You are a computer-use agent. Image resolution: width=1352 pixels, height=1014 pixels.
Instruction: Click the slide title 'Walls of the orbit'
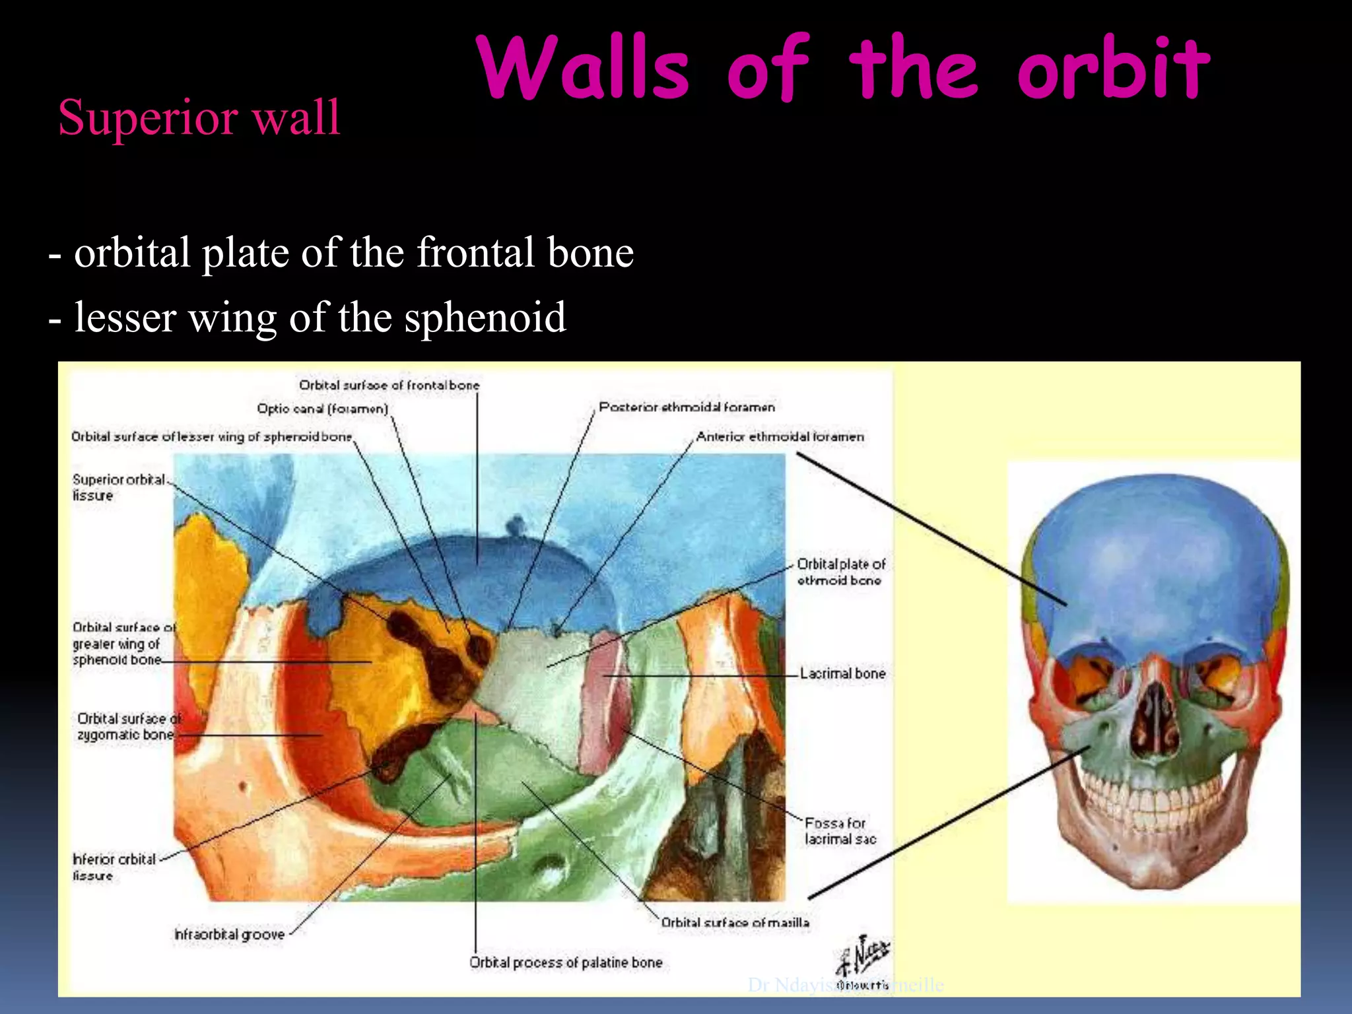click(x=844, y=69)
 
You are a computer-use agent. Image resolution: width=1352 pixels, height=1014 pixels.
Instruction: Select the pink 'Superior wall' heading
click(x=199, y=118)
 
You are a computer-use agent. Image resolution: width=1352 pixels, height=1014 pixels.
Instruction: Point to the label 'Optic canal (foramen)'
click(x=322, y=409)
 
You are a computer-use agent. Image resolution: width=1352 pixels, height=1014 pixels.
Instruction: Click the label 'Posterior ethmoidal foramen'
click(x=687, y=407)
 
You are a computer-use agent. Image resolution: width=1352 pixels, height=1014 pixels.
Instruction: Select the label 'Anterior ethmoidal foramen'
click(x=780, y=436)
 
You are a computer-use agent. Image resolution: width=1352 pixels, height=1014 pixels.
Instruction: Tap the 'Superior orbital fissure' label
click(x=119, y=487)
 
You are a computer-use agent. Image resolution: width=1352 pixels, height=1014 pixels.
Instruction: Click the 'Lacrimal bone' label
click(x=842, y=673)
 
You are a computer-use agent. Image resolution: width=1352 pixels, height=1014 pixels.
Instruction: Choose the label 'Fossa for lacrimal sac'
click(x=839, y=831)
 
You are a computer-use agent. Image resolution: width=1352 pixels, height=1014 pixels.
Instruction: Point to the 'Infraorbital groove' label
click(x=229, y=934)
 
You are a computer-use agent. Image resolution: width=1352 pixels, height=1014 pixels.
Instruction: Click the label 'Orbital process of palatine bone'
click(x=566, y=963)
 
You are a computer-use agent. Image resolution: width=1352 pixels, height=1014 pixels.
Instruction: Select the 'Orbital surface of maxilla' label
click(x=735, y=922)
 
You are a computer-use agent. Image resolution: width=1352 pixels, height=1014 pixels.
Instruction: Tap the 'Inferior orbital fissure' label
click(x=114, y=867)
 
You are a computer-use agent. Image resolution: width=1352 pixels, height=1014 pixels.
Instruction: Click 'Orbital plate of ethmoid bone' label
click(x=840, y=572)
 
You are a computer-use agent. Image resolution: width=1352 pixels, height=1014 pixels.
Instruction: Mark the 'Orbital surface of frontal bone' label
click(x=389, y=385)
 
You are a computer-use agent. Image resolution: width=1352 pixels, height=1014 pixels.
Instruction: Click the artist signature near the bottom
click(x=863, y=961)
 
